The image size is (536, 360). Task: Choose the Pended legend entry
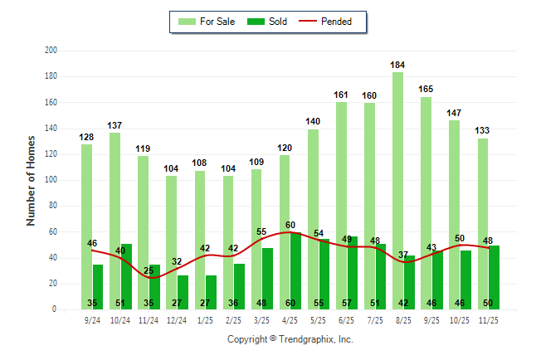click(332, 22)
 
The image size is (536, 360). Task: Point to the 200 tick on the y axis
click(51, 51)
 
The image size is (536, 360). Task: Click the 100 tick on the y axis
click(51, 180)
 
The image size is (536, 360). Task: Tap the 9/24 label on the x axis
click(93, 319)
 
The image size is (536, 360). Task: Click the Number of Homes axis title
click(31, 180)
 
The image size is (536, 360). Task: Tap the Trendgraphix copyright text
click(290, 339)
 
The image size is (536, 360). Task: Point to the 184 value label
click(398, 64)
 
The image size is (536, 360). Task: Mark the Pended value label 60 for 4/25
click(290, 225)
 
